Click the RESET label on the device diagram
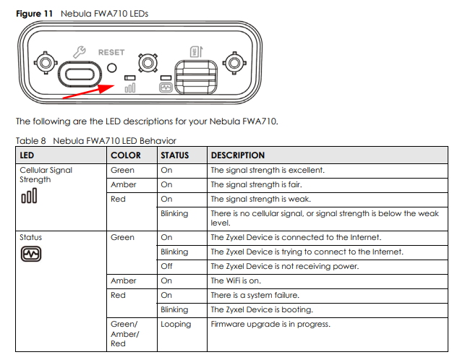(x=111, y=52)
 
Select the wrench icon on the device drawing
(x=80, y=52)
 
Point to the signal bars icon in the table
(x=29, y=197)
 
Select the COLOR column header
(x=126, y=155)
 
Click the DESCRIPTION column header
(x=237, y=155)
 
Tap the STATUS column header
(x=174, y=155)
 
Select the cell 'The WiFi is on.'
(x=237, y=280)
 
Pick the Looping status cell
(x=176, y=324)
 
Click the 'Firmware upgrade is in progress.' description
(x=270, y=324)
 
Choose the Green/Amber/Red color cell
(x=124, y=333)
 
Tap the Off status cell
(x=167, y=266)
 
